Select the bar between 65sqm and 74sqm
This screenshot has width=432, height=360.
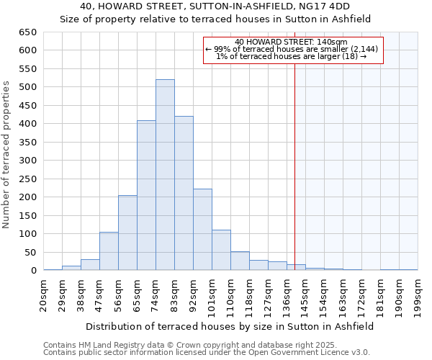click(146, 195)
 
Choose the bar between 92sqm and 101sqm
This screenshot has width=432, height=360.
click(202, 230)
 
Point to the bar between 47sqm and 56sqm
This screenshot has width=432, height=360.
click(109, 251)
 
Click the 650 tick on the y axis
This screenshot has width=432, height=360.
click(27, 32)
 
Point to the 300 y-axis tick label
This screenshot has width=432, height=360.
click(27, 161)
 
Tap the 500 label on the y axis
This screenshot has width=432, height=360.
click(27, 87)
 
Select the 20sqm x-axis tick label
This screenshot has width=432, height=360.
click(43, 295)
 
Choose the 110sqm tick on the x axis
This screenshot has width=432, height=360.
click(230, 295)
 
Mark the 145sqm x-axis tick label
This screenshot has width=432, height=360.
click(305, 295)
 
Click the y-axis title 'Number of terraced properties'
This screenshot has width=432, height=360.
click(6, 155)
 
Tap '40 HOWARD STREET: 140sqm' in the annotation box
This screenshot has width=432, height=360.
click(292, 42)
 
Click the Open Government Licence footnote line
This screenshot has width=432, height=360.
click(206, 353)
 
